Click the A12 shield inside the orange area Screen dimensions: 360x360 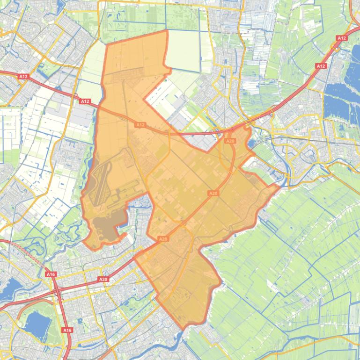pyautogui.click(x=140, y=125)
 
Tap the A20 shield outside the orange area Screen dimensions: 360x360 pyautogui.click(x=103, y=279)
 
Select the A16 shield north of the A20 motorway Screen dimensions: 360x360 pyautogui.click(x=50, y=274)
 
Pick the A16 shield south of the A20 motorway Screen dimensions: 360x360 pyautogui.click(x=67, y=330)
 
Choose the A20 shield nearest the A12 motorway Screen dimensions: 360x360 pyautogui.click(x=230, y=141)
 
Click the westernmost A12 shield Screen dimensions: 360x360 pyautogui.click(x=23, y=76)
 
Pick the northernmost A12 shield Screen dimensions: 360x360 pyautogui.click(x=341, y=38)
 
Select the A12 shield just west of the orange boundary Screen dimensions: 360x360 pyautogui.click(x=85, y=101)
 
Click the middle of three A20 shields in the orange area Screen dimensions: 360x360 pyautogui.click(x=213, y=193)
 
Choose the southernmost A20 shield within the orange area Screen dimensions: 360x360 pyautogui.click(x=163, y=239)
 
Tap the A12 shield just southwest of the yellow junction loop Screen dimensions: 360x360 pyautogui.click(x=321, y=66)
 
